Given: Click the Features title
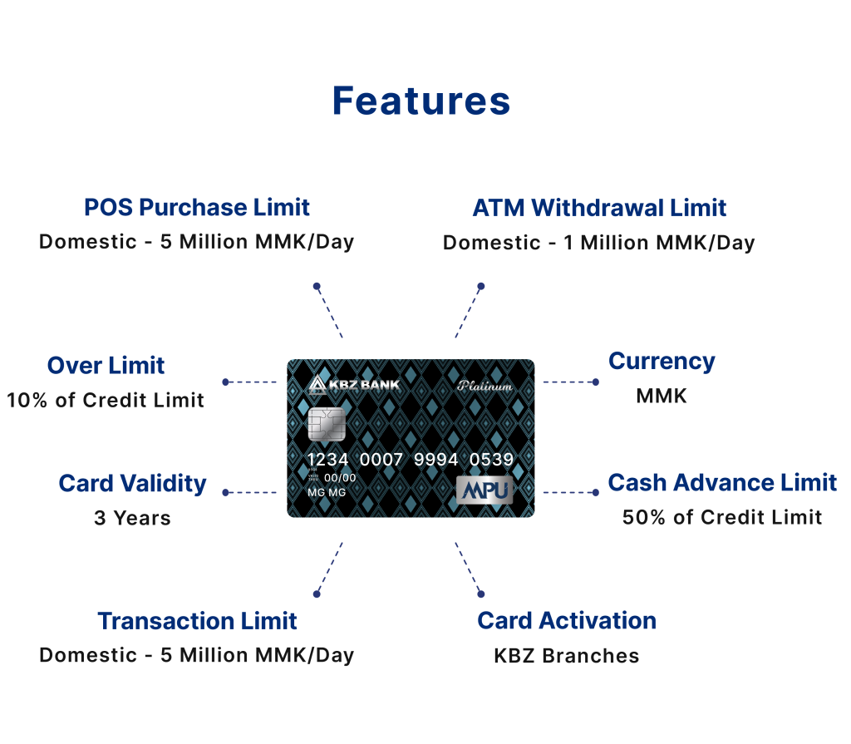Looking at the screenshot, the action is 421,101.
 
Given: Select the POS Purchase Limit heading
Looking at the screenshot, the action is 196,208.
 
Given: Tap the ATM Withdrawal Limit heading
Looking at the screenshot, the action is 599,208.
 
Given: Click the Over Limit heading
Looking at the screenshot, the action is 106,366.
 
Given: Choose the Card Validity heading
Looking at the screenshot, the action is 132,484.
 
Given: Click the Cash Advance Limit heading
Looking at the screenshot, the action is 722,482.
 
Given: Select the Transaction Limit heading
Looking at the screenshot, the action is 197,621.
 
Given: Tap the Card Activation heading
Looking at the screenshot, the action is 567,621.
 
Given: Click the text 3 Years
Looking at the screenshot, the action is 132,518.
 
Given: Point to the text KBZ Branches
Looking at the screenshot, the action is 567,656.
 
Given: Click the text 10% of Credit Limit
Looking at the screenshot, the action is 106,400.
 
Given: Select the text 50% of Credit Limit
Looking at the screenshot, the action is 722,518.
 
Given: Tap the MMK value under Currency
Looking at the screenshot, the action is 662,396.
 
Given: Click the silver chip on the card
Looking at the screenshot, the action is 327,424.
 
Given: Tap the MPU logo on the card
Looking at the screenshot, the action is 485,490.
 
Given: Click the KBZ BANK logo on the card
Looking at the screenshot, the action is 354,385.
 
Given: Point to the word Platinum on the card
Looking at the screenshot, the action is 485,386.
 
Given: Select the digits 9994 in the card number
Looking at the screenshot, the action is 435,460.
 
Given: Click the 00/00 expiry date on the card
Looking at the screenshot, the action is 340,478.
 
